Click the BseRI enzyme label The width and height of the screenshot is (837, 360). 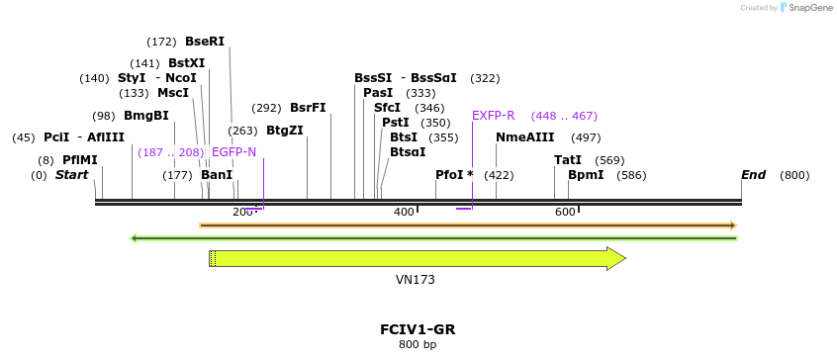point(205,42)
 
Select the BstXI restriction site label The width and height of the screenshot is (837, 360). point(186,62)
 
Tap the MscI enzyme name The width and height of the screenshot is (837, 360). point(173,93)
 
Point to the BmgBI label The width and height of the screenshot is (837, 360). point(146,116)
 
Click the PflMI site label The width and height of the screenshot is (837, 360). point(80,160)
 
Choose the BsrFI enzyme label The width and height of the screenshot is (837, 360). point(308,108)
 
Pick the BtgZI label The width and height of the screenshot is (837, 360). point(285,131)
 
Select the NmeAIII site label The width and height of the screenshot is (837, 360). point(525,137)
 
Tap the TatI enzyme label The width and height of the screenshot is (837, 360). point(568,160)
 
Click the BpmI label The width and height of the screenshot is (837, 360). point(586,175)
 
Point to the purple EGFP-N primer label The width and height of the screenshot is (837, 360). point(233,152)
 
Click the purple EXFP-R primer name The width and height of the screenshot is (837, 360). point(494,116)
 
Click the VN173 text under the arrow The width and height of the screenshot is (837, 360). point(416,280)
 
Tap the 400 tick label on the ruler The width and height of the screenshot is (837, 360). point(404,213)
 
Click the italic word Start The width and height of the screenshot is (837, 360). point(71,175)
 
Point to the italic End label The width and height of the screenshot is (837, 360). point(754,175)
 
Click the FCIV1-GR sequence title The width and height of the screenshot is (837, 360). point(418,329)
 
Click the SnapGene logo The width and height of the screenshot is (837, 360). point(806,8)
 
